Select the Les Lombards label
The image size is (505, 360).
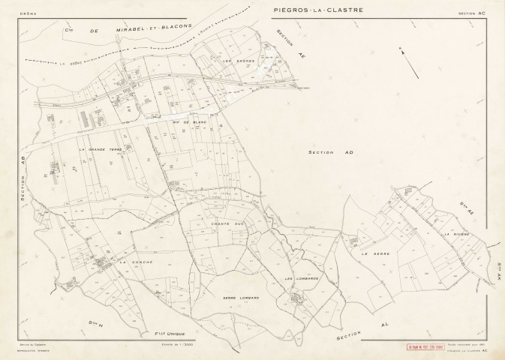pyautogui.click(x=302, y=280)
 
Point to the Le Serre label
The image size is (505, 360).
pyautogui.click(x=373, y=254)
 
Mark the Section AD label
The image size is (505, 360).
pyautogui.click(x=331, y=152)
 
